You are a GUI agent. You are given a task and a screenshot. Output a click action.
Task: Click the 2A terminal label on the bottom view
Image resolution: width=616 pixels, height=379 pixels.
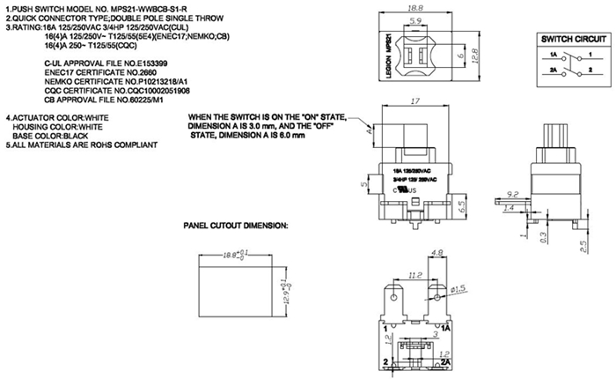coord(446,361)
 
